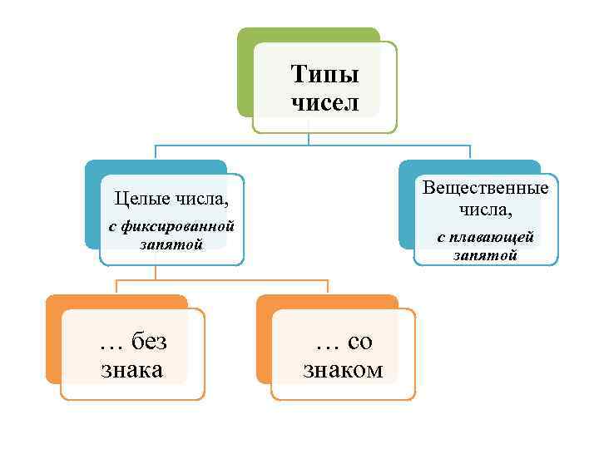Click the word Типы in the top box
(x=325, y=76)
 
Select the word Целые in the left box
(x=142, y=199)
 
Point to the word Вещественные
(x=486, y=187)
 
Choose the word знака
(x=131, y=369)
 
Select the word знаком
(x=343, y=369)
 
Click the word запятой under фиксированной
(x=171, y=243)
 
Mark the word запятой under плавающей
(x=485, y=255)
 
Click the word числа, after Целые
(x=201, y=199)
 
